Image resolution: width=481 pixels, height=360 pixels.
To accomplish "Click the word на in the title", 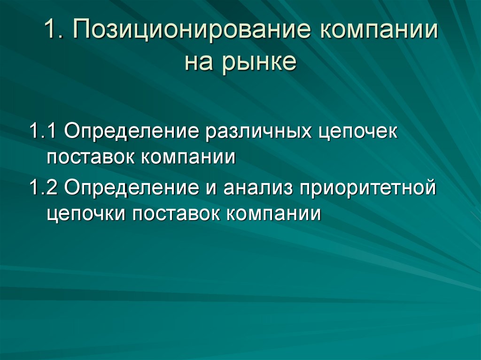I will tap(199, 62).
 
